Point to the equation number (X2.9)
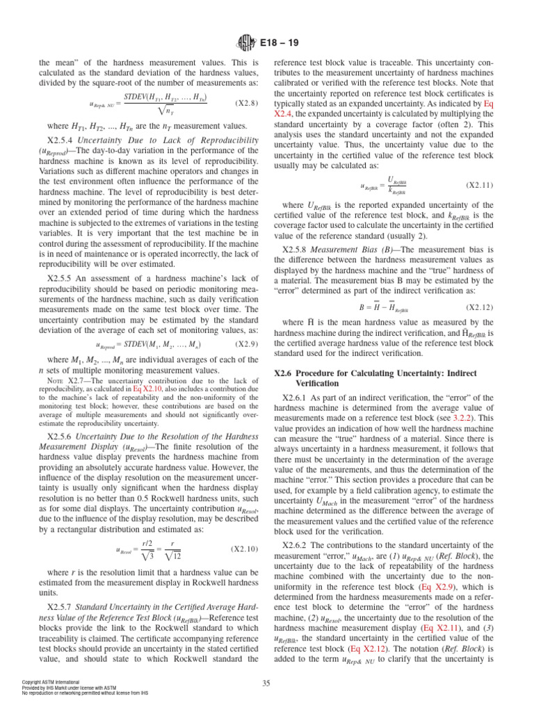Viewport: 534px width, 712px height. (x=244, y=343)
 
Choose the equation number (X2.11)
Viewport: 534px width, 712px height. (x=478, y=186)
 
